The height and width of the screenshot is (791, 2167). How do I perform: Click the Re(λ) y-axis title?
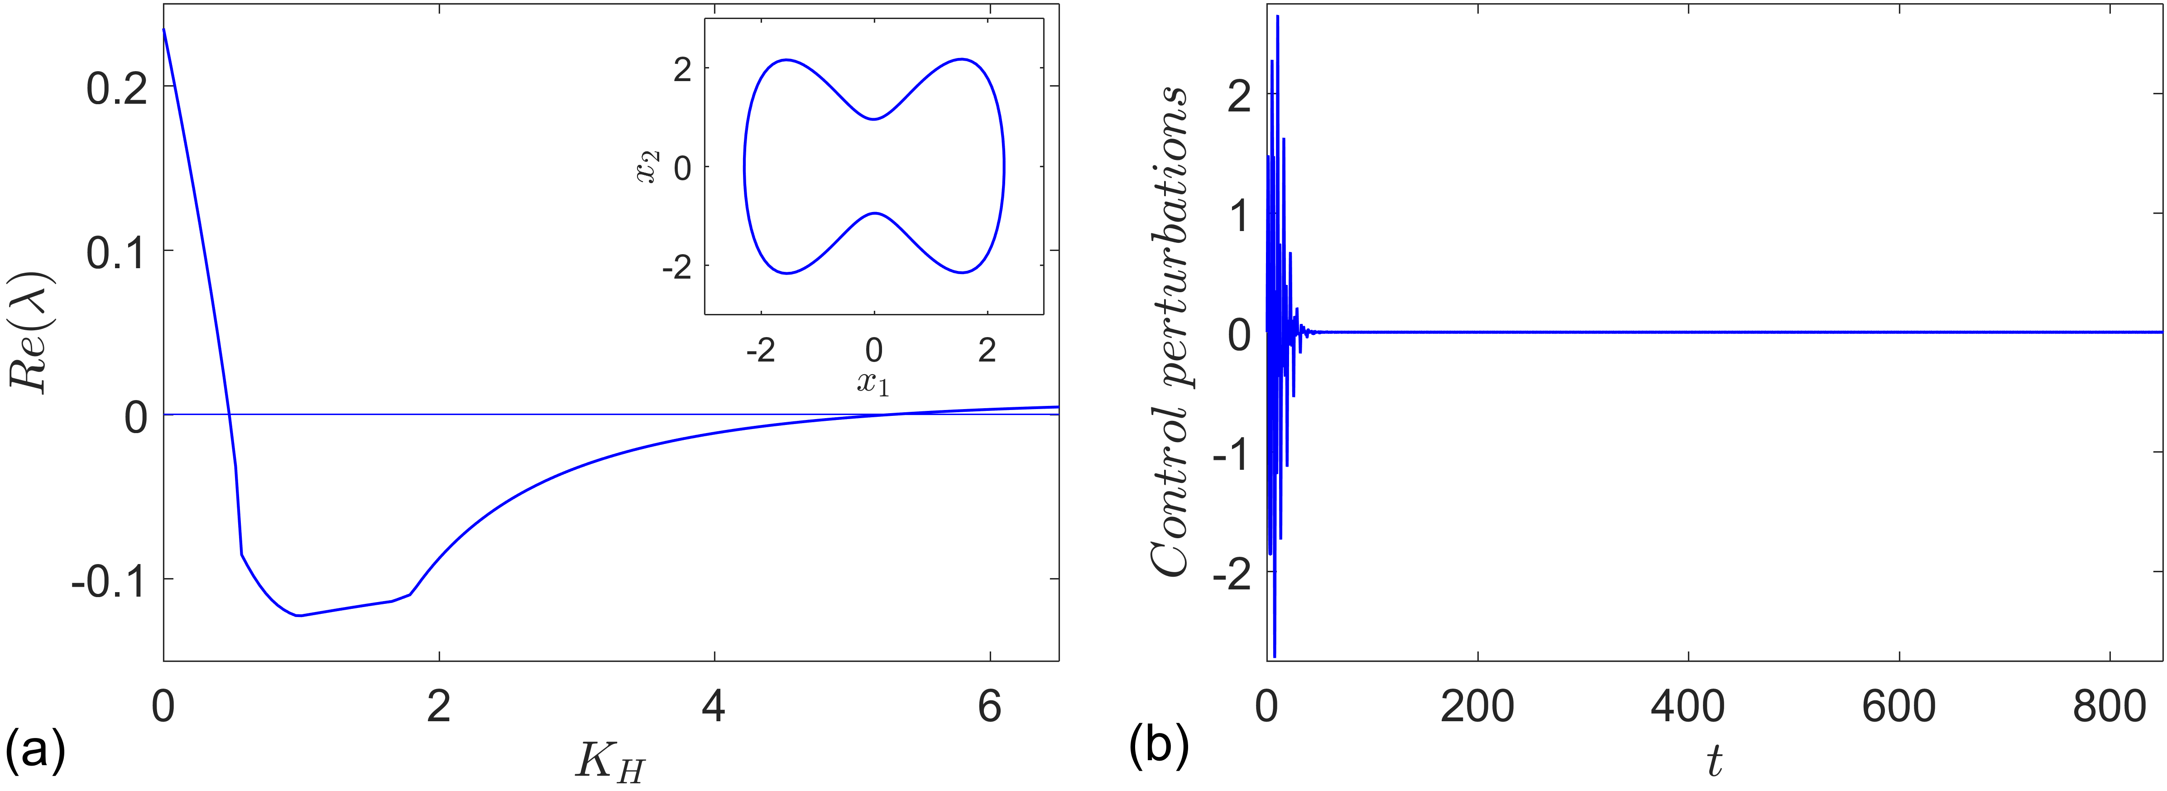pos(32,333)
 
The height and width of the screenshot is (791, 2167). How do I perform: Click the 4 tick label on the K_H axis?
pos(714,707)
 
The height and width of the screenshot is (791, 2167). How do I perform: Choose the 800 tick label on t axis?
pos(2110,707)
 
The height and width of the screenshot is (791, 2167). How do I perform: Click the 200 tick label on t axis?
pos(1477,707)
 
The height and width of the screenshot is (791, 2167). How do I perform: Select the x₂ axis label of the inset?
pos(648,167)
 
